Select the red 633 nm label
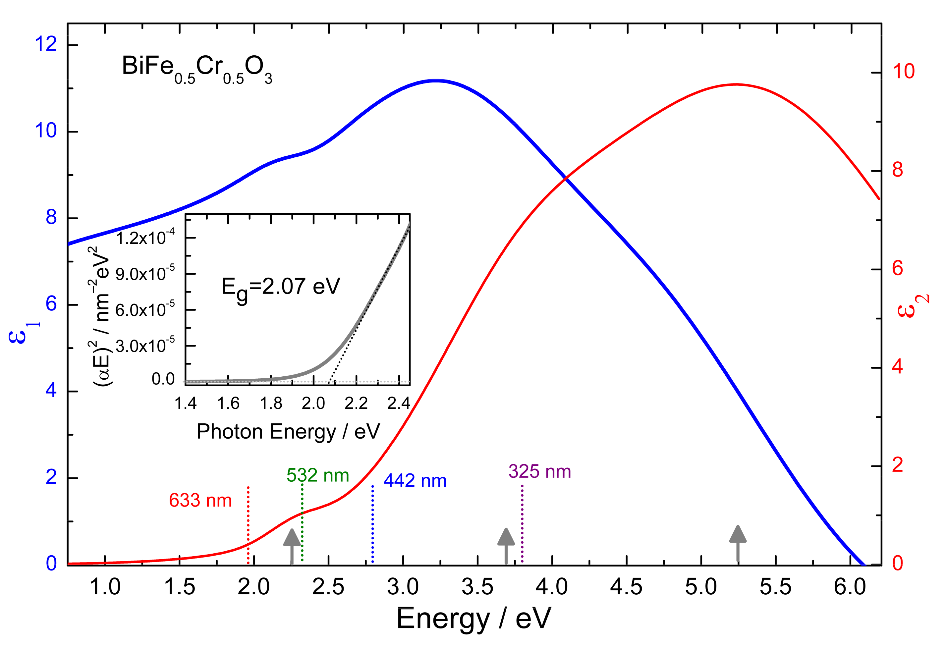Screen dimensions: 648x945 coord(200,501)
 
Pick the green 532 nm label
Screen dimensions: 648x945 coord(317,475)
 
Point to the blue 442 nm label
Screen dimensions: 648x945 coord(415,481)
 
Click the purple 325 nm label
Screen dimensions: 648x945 coord(539,471)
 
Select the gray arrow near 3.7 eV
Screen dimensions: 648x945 coord(506,546)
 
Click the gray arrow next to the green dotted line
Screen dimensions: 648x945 coord(292,546)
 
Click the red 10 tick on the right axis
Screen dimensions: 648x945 coord(904,72)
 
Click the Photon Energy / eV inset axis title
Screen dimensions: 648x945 coord(288,432)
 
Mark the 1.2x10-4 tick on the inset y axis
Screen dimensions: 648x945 coord(145,238)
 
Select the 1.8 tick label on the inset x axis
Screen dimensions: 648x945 coord(271,404)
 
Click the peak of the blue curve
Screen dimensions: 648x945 coord(436,81)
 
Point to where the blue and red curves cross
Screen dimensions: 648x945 coord(565,178)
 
